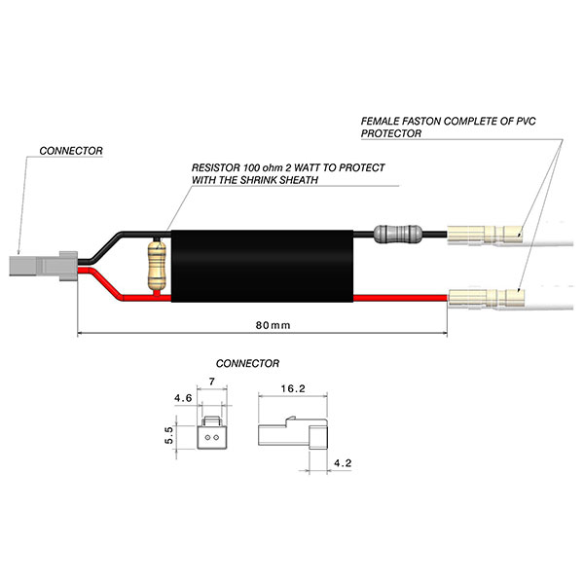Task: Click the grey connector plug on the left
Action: tap(42, 266)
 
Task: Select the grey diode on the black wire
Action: tap(399, 235)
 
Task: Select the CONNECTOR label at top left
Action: tap(71, 151)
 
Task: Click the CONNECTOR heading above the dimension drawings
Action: tap(247, 363)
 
